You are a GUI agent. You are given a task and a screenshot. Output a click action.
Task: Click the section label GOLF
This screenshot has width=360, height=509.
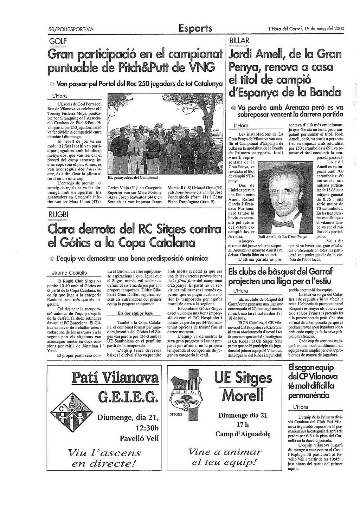coord(58,41)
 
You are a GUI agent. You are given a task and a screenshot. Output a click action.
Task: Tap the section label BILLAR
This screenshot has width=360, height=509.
coord(239,41)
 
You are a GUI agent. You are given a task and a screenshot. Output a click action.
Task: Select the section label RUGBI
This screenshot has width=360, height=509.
coord(58,215)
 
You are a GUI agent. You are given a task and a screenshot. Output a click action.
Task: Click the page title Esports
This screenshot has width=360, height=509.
coord(195,28)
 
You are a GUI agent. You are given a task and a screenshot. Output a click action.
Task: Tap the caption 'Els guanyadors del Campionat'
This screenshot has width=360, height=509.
coord(133,178)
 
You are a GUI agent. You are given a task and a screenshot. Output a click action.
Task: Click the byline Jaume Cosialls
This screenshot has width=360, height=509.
coord(69,273)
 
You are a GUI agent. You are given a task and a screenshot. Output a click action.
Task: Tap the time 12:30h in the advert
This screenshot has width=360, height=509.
coord(147,428)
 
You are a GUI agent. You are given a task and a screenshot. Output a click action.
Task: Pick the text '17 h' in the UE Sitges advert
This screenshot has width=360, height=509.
coord(243,424)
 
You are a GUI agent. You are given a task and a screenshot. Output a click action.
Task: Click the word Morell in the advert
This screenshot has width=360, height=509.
coord(243,396)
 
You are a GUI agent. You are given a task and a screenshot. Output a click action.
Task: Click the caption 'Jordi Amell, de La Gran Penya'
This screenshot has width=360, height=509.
coord(282,237)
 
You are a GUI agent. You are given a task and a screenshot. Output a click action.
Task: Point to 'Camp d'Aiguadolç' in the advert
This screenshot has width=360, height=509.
coord(243,434)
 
